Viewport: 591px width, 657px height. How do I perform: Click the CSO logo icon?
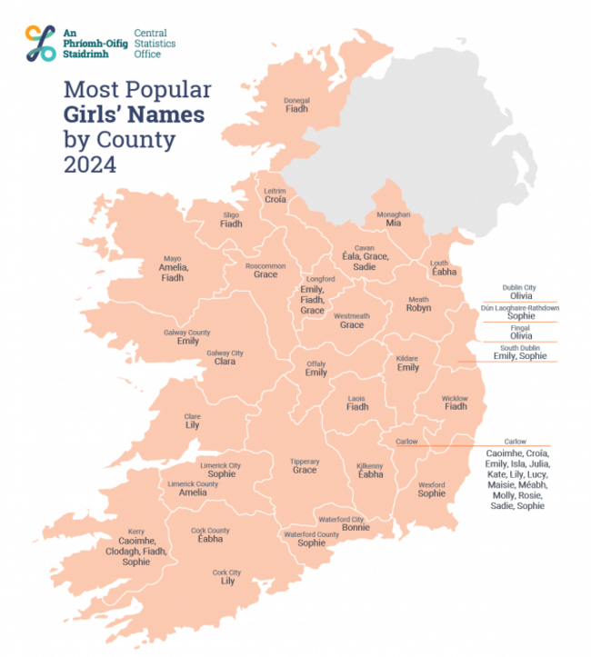pyautogui.click(x=41, y=43)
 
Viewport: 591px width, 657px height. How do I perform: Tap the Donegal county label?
pyautogui.click(x=297, y=100)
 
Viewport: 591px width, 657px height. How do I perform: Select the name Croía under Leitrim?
pyautogui.click(x=275, y=200)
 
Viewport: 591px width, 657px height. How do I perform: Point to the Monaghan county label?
pyautogui.click(x=394, y=214)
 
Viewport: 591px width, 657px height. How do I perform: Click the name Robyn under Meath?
pyautogui.click(x=418, y=309)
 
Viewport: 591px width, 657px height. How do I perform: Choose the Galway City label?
pyautogui.click(x=225, y=353)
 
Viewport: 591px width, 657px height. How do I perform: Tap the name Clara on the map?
pyautogui.click(x=225, y=362)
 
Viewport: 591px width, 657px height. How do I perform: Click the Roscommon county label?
pyautogui.click(x=265, y=265)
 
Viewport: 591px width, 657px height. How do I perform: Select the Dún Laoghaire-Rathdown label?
pyautogui.click(x=519, y=307)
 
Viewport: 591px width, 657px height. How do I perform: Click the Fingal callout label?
pyautogui.click(x=519, y=326)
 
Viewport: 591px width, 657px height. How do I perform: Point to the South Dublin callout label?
pyautogui.click(x=519, y=347)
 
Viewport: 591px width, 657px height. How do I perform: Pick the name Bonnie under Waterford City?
pyautogui.click(x=355, y=528)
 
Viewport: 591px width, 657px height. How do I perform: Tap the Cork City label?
pyautogui.click(x=227, y=572)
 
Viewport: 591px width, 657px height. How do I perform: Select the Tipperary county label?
pyautogui.click(x=305, y=461)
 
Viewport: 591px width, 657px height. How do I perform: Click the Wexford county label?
pyautogui.click(x=432, y=484)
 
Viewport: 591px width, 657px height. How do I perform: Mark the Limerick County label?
pyautogui.click(x=193, y=483)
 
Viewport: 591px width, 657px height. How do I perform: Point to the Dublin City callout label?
pyautogui.click(x=519, y=287)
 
